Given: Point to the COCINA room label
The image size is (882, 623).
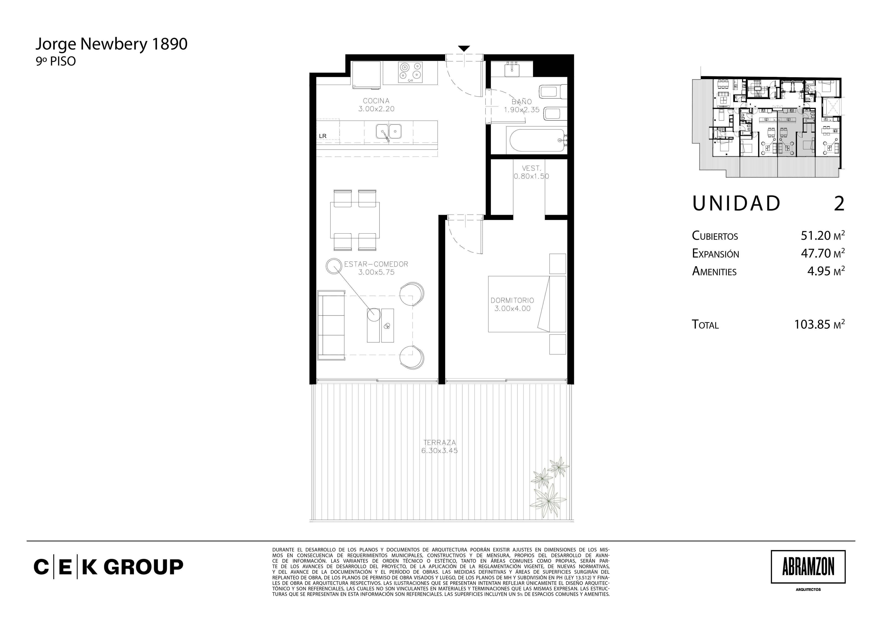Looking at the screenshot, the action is (x=376, y=101).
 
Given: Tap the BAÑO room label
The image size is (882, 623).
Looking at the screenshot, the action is (x=522, y=102).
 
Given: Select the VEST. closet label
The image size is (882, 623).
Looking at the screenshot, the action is (x=531, y=168).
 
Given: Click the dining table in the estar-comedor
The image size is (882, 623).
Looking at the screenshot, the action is (x=355, y=220).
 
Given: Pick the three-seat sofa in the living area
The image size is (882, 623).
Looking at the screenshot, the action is (x=331, y=326).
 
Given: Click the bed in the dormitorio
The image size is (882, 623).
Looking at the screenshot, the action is (x=527, y=304).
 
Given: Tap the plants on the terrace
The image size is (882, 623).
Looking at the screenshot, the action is (x=549, y=487).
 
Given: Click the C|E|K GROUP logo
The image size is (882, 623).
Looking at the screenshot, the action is (x=108, y=567).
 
